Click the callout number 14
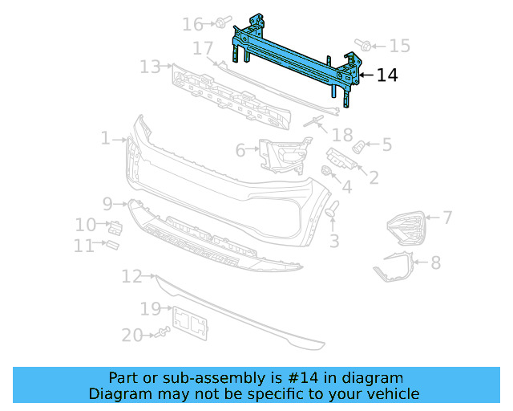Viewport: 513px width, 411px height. click(387, 75)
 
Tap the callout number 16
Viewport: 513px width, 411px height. click(192, 24)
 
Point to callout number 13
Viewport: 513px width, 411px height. click(150, 67)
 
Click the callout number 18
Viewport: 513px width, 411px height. click(342, 135)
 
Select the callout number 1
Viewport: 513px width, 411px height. click(106, 139)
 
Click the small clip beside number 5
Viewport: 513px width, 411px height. click(360, 147)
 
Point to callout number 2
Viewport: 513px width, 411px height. click(373, 177)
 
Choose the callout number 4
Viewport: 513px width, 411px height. click(346, 188)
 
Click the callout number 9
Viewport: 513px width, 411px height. click(107, 203)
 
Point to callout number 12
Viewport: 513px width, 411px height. click(132, 277)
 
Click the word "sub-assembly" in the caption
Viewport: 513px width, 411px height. click(218, 377)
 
